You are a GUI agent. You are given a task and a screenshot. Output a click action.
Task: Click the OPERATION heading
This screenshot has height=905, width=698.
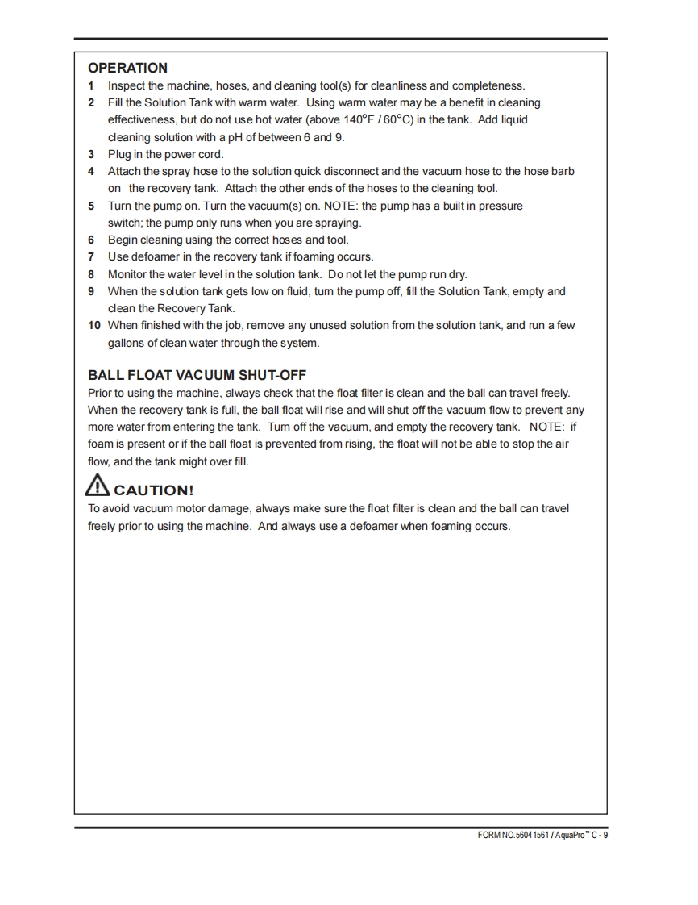(127, 68)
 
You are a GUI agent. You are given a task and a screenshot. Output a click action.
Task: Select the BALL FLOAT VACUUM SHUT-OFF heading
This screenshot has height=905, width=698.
(197, 375)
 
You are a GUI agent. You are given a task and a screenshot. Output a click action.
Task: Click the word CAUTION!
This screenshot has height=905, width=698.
(154, 490)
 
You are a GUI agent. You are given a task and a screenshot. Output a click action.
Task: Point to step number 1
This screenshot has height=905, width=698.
(91, 85)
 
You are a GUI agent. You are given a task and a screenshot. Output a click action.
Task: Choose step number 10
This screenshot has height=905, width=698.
(94, 325)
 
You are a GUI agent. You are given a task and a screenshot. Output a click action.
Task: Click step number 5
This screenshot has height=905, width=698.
(91, 206)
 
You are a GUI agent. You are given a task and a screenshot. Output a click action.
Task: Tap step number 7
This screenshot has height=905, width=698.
(91, 256)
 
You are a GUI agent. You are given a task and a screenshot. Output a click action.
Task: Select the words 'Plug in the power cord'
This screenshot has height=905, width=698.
(166, 154)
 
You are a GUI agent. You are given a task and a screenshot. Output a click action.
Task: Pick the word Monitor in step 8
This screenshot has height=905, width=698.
(127, 274)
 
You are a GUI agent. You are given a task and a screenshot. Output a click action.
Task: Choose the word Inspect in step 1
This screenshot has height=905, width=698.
(127, 85)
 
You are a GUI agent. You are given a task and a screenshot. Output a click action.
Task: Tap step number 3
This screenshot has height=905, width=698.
(91, 154)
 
